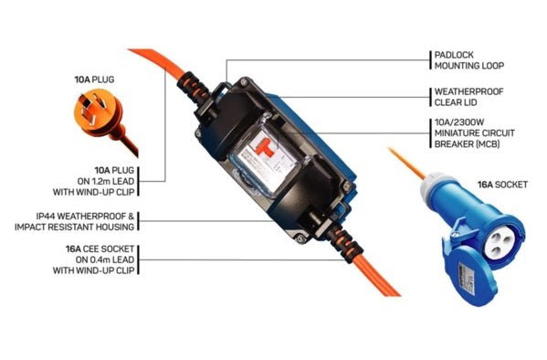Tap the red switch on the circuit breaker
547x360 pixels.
tap(263, 146)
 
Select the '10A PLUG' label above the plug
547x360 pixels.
tap(94, 79)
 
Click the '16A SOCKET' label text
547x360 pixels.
tap(502, 185)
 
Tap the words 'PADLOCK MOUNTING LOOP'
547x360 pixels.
tap(468, 60)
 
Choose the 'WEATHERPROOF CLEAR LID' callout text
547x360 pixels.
tap(468, 97)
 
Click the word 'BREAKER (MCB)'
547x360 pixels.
tap(468, 143)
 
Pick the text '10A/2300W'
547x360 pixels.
tap(459, 122)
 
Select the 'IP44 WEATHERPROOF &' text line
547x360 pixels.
tap(85, 217)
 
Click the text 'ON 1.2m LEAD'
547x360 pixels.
tap(106, 181)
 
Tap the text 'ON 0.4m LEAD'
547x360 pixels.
tap(105, 259)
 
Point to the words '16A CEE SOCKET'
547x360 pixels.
tap(100, 249)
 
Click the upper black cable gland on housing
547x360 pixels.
tap(194, 90)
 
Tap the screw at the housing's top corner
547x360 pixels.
tap(244, 82)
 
